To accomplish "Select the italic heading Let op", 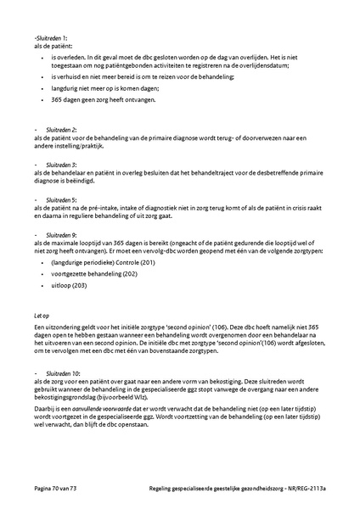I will click(x=41, y=316).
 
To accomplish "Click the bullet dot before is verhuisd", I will click(x=43, y=76).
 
